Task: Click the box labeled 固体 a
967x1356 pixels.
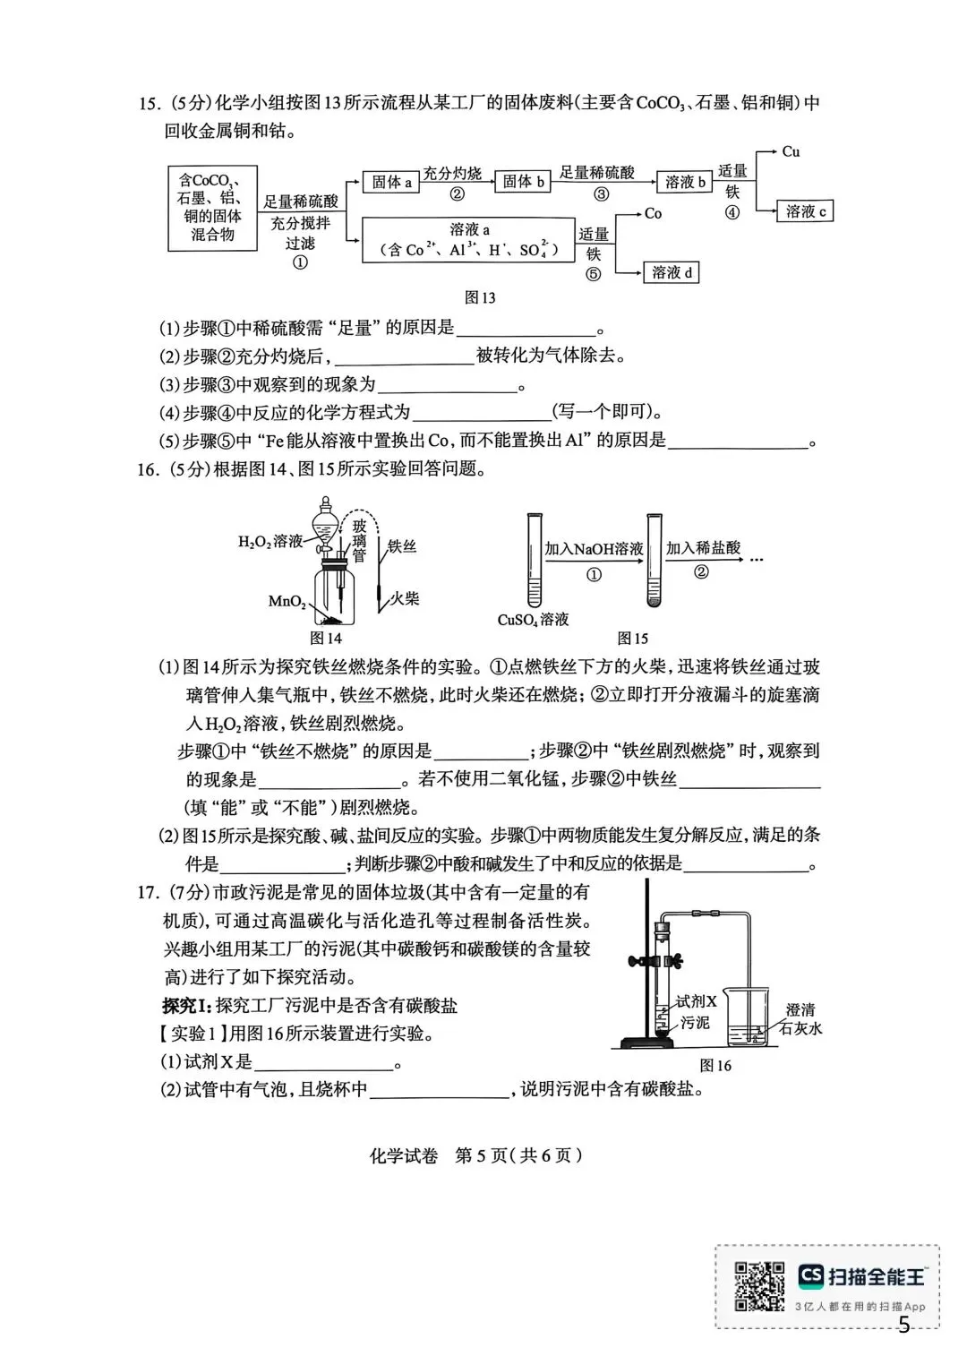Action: pyautogui.click(x=391, y=182)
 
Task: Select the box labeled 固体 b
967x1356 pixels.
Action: pyautogui.click(x=524, y=181)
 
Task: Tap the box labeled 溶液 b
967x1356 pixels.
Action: pyautogui.click(x=686, y=182)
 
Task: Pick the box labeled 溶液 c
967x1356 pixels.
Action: pyautogui.click(x=806, y=211)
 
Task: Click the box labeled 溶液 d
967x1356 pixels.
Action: pyautogui.click(x=672, y=272)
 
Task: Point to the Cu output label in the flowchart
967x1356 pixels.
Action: pyautogui.click(x=791, y=151)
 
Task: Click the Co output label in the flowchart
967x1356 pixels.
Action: pyautogui.click(x=653, y=213)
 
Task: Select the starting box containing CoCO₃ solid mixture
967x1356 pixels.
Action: pyautogui.click(x=213, y=208)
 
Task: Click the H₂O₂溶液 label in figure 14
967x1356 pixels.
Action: pyautogui.click(x=270, y=541)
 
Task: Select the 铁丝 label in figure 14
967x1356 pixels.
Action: pyautogui.click(x=402, y=545)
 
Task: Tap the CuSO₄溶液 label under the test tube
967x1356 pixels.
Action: pyautogui.click(x=533, y=619)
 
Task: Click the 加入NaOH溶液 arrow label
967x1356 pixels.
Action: pyautogui.click(x=594, y=548)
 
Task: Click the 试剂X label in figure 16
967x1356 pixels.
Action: pyautogui.click(x=697, y=1002)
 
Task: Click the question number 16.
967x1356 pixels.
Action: pyautogui.click(x=148, y=468)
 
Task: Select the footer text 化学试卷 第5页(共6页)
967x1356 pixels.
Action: pyautogui.click(x=475, y=1155)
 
